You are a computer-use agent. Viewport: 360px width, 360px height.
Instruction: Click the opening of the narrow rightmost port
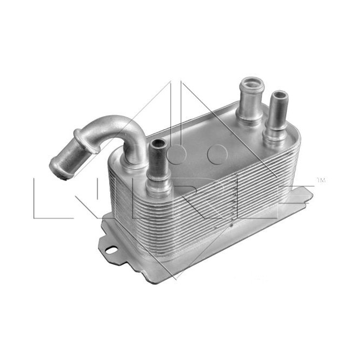[x=279, y=96]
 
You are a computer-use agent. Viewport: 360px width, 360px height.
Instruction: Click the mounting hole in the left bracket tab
[x=111, y=250]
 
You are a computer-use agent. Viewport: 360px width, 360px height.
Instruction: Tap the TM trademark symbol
[x=322, y=180]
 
